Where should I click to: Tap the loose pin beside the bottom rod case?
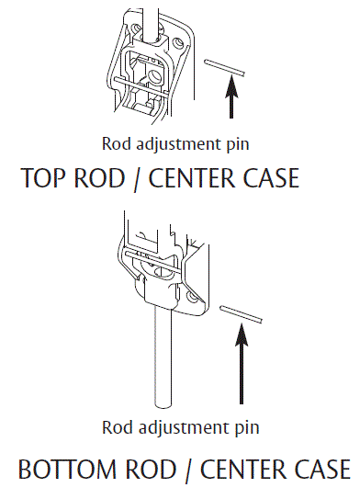242,313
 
